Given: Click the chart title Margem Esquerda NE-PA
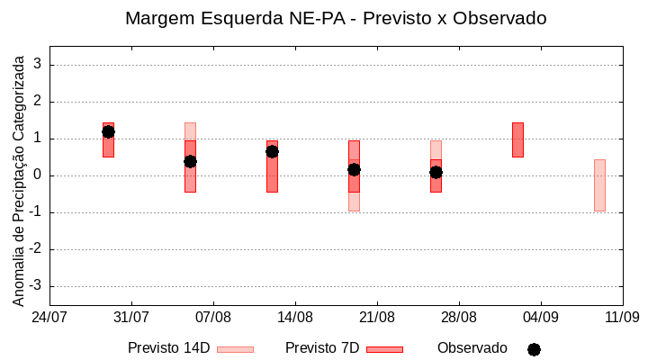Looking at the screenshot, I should coord(336,18).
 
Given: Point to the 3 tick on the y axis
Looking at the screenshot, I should coord(38,65).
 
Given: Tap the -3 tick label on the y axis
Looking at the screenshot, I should coord(35,286).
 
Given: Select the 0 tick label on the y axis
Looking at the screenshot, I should coord(38,175).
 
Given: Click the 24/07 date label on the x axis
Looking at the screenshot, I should coord(49,317).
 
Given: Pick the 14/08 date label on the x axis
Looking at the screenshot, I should coord(295,317).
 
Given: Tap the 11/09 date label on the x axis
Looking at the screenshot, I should coord(622,317).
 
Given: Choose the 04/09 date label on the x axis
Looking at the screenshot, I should coord(540,317).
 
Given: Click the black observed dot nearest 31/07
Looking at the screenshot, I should coord(108,131).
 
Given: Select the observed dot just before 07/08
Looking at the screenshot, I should coord(190,161).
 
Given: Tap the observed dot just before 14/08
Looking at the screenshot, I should coord(272,151).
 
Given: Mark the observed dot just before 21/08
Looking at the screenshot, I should coord(354,169).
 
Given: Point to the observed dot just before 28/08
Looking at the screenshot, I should coord(436,172).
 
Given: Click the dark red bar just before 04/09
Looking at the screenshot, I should coord(517,139).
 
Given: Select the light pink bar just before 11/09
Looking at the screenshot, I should coord(599,185).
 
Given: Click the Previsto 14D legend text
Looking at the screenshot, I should coord(169,348).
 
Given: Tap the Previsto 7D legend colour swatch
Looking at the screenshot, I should coord(384,349).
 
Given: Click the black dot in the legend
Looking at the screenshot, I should coord(534,349).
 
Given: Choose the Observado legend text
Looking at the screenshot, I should coord(472,348).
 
